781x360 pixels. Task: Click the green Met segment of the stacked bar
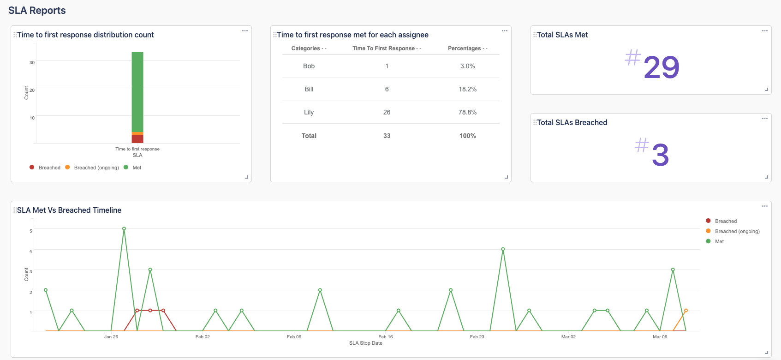137,92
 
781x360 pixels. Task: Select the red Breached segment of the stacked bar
137,139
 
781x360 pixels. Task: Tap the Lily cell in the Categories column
309,112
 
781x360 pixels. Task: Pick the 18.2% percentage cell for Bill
467,89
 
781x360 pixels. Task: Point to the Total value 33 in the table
387,136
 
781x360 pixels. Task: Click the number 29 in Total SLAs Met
661,67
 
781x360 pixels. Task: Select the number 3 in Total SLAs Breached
660,155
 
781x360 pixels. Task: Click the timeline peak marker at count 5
124,228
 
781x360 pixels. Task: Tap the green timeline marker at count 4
503,249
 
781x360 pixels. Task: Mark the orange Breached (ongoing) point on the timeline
686,311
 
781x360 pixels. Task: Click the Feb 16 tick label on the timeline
386,337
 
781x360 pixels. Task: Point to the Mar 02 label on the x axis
568,337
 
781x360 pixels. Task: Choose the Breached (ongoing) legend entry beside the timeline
737,231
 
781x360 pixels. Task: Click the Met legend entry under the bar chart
137,168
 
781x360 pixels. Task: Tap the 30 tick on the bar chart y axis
32,63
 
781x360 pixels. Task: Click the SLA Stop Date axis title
366,343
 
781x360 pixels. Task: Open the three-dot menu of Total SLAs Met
764,31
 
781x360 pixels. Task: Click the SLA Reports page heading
37,11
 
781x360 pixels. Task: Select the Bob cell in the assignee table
309,66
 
